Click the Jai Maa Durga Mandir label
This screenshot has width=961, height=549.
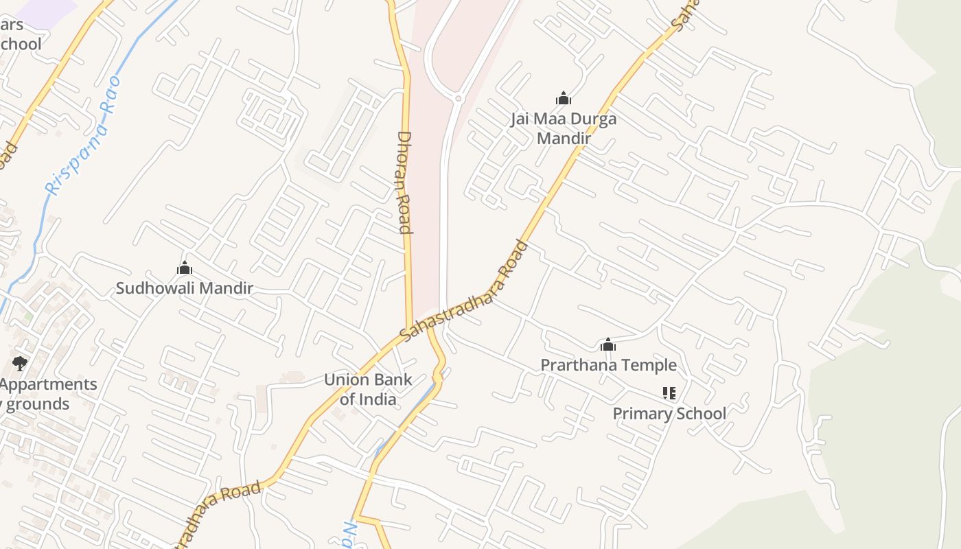[564, 128]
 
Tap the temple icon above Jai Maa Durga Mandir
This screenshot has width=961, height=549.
[564, 99]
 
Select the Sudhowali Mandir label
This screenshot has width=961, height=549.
[184, 288]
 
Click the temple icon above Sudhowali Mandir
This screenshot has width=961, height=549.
[184, 268]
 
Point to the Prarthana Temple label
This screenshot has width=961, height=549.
[608, 365]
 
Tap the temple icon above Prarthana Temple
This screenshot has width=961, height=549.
[607, 344]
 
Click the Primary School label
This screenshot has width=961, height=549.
[669, 413]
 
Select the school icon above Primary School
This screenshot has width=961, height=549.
[669, 393]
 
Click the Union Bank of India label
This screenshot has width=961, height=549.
[368, 389]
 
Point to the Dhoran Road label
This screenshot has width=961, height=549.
[404, 182]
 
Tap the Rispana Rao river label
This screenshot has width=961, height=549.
[83, 136]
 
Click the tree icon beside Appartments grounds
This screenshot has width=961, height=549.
[19, 364]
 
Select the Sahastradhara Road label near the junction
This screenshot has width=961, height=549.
[464, 291]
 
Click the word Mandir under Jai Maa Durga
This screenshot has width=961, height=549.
[564, 138]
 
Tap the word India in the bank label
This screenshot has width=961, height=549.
[378, 399]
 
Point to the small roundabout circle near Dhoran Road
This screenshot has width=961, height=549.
[458, 99]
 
